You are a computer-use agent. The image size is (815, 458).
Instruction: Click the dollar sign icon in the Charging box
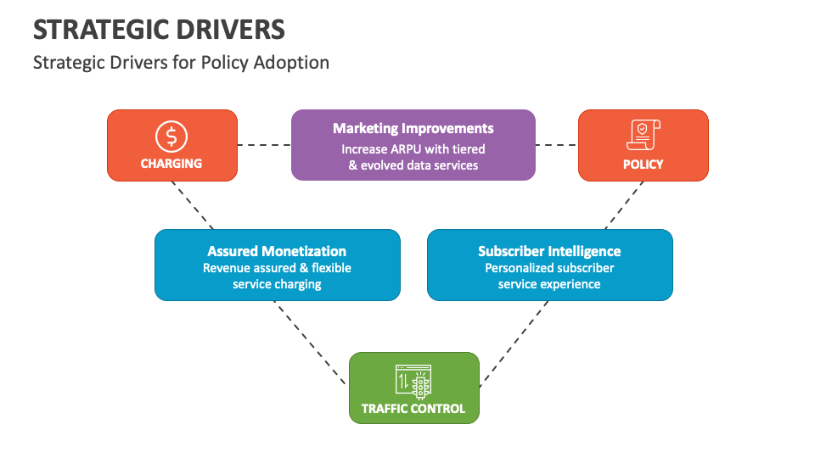click(171, 136)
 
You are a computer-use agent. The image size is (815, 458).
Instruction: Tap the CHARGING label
click(171, 164)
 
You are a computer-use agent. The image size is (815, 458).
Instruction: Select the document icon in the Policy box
click(643, 136)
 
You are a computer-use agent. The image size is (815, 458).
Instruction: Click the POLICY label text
click(643, 164)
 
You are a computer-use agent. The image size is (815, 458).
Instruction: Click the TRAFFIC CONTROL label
click(413, 409)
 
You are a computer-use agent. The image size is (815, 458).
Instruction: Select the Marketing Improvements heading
click(413, 128)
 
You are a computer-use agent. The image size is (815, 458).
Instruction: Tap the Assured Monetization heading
click(277, 251)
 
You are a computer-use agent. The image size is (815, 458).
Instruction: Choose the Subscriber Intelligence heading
click(549, 251)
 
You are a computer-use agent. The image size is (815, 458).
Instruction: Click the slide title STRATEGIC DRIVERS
click(159, 30)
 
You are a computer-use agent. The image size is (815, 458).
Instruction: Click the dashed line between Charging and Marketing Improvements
click(264, 145)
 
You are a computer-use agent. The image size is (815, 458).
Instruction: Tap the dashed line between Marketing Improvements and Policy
click(556, 145)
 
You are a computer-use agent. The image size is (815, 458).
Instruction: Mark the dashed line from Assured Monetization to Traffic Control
click(310, 342)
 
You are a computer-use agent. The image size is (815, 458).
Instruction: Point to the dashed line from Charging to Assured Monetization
click(195, 205)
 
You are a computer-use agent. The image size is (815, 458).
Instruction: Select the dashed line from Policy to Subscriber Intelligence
click(624, 205)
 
